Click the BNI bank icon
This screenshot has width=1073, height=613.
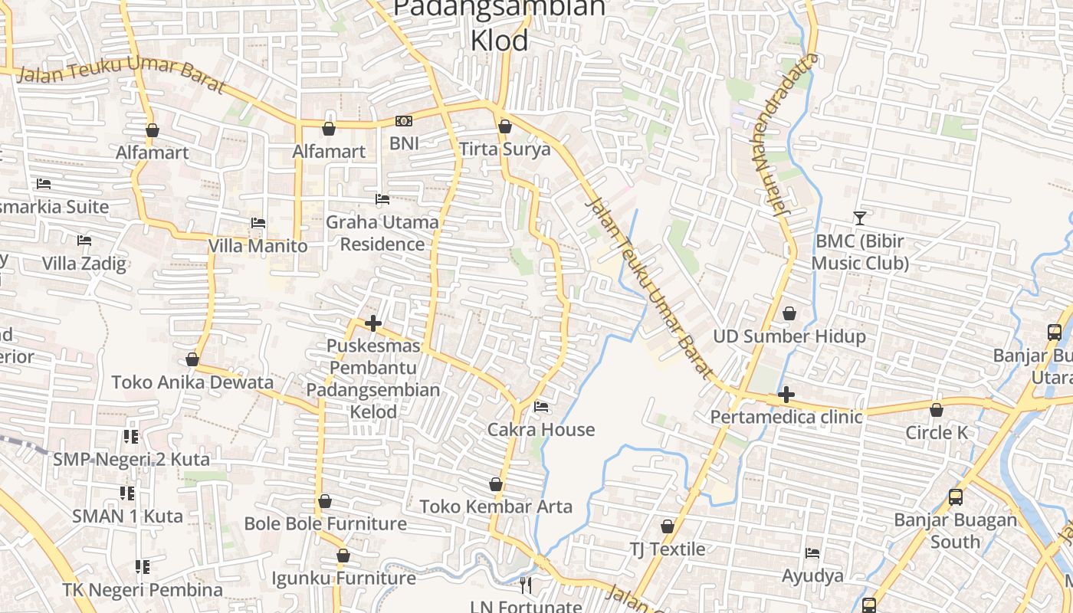coord(403,121)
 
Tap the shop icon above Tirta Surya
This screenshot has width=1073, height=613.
coord(504,126)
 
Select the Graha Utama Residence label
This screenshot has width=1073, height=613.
coord(382,233)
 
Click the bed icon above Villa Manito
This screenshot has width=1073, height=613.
coord(258,223)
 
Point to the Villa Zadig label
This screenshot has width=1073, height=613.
coord(84,264)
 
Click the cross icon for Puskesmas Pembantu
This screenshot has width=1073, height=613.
coord(373,323)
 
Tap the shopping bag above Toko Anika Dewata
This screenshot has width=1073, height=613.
coord(192,359)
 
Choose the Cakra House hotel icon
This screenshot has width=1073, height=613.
coord(541,407)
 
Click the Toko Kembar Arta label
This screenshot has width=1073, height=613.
coord(496,506)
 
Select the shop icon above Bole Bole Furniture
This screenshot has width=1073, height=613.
coord(325,501)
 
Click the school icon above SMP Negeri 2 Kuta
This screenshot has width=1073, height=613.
coord(131,437)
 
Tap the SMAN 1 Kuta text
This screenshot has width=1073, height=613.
coord(127,516)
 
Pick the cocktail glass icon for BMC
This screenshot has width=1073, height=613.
coord(859,218)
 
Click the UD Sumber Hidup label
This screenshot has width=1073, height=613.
coord(789,336)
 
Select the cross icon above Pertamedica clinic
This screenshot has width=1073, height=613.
coord(786,395)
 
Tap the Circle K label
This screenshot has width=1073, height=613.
coord(937,433)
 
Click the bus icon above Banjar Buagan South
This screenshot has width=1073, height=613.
coord(955,497)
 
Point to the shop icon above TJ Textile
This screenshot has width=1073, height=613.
coord(668,526)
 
